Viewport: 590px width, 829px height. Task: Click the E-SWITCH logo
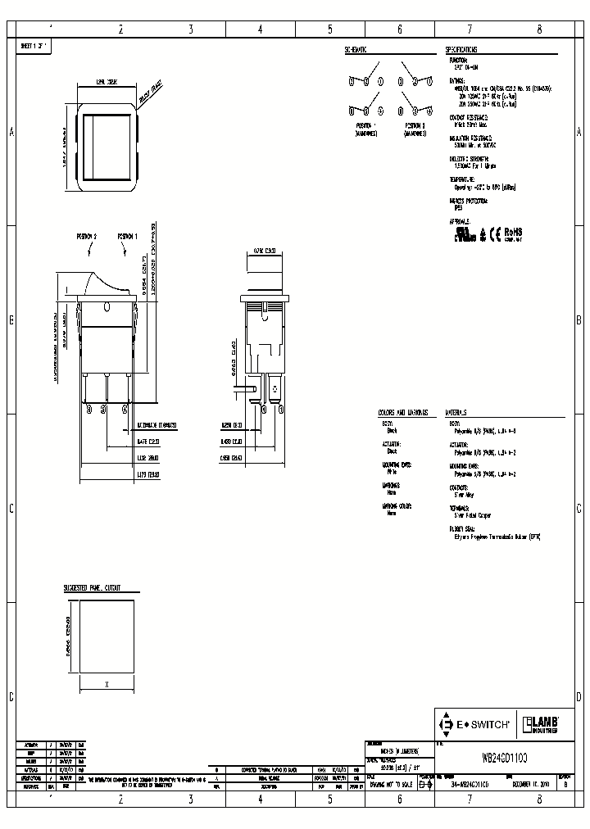[x=476, y=724]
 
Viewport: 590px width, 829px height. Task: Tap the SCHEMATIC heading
[x=356, y=49]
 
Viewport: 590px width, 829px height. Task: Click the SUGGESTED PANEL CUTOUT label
[x=93, y=588]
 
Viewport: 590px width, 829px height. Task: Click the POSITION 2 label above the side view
[x=87, y=236]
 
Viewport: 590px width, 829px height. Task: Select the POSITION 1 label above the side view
[x=127, y=236]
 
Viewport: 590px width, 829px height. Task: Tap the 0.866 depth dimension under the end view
[x=230, y=459]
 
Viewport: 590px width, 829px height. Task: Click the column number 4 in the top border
[x=260, y=29]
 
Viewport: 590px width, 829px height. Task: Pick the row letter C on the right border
[x=579, y=508]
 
